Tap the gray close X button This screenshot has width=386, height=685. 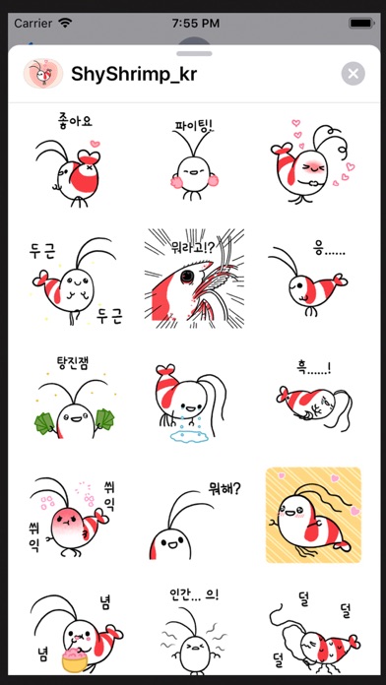[354, 74]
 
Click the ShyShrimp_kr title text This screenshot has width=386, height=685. [134, 75]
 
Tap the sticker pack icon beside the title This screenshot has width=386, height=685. [43, 74]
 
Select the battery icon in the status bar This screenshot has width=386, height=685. [360, 24]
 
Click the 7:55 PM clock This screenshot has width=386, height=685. [195, 24]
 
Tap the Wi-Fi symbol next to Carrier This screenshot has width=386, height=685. [65, 23]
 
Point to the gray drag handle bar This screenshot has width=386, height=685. [194, 54]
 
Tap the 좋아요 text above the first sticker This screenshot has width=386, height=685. [75, 121]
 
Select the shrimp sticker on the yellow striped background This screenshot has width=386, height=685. [313, 515]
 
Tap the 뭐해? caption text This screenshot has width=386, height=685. [225, 489]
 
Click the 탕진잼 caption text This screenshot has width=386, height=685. [73, 363]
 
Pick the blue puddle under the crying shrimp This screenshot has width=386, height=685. [189, 436]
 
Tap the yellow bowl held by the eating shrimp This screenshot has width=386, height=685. [76, 661]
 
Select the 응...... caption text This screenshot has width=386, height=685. [329, 250]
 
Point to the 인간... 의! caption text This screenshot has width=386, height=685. [194, 594]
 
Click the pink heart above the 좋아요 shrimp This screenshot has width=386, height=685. [95, 144]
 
